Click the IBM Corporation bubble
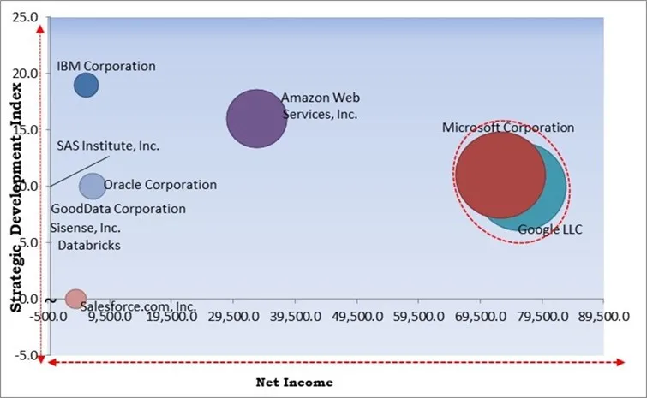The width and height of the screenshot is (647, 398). [x=86, y=85]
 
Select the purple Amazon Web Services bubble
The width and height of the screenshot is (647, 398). [x=256, y=118]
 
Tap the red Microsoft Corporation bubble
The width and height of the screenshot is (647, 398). [x=498, y=174]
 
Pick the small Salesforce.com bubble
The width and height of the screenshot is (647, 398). [x=75, y=299]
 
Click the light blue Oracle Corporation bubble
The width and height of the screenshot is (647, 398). [x=92, y=185]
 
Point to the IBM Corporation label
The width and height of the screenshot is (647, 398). [x=106, y=66]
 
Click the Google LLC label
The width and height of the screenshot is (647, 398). [x=549, y=229]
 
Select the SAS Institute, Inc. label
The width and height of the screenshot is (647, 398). [x=108, y=146]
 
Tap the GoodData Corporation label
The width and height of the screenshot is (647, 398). [x=118, y=209]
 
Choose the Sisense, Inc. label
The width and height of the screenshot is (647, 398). [x=85, y=228]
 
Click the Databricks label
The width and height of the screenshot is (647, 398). [x=89, y=246]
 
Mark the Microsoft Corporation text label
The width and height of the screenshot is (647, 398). [x=508, y=128]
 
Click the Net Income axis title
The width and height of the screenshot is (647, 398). [x=294, y=382]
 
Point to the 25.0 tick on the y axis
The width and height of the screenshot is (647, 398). [x=27, y=17]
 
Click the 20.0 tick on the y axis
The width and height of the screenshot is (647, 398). [x=27, y=74]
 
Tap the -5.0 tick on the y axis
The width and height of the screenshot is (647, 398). [x=27, y=355]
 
